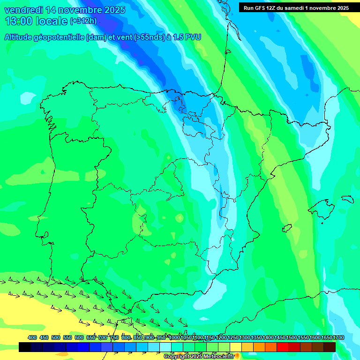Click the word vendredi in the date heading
tap(22, 10)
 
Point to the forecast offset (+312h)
tap(83, 21)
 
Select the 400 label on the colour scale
tap(32, 337)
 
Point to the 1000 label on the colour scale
tap(174, 337)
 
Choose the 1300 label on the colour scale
tap(245, 337)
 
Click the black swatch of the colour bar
tap(25, 347)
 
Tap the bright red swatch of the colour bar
tap(283, 347)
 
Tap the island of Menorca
tap(347, 199)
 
